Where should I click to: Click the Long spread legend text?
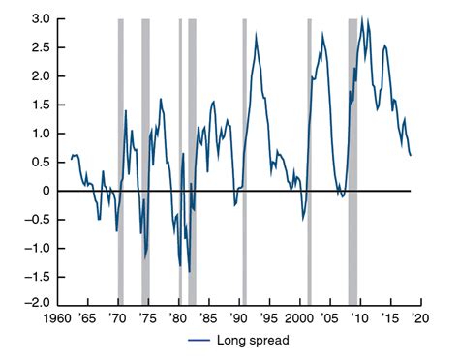click(x=255, y=340)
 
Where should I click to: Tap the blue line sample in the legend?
click(x=199, y=340)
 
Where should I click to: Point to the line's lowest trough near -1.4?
click(x=189, y=272)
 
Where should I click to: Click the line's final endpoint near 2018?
click(x=411, y=155)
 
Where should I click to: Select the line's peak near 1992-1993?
click(x=257, y=35)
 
